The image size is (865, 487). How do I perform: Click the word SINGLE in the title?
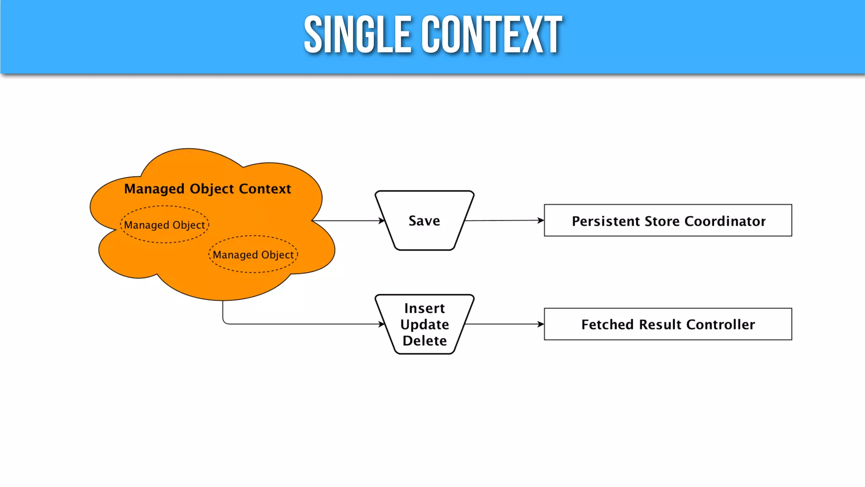(357, 35)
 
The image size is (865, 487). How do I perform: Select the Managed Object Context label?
(207, 189)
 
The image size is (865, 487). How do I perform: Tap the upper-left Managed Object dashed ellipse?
(165, 225)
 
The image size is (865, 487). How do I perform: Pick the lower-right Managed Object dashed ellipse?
(253, 254)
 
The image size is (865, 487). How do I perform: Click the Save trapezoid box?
(424, 221)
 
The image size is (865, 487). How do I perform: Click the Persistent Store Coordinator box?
(668, 221)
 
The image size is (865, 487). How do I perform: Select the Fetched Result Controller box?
(668, 324)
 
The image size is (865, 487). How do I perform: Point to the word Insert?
(424, 308)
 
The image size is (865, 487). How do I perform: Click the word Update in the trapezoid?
(424, 324)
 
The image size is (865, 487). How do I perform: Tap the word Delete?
(424, 340)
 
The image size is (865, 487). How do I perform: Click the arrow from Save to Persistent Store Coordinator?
(503, 220)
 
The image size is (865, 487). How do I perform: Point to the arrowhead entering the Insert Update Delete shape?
(382, 324)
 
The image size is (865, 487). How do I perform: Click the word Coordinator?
(725, 221)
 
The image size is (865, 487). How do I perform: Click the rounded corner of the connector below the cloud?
(225, 322)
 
